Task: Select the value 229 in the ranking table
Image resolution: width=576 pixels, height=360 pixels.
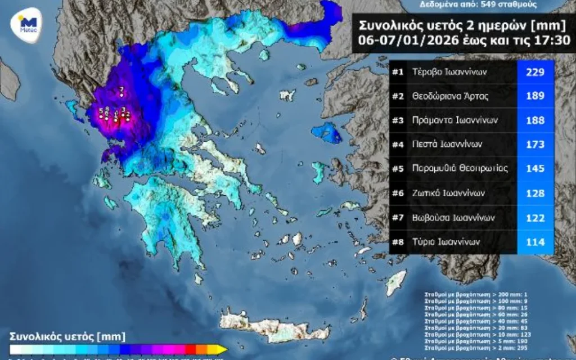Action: [x=535, y=72]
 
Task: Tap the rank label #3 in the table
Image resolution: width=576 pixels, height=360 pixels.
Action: [x=398, y=120]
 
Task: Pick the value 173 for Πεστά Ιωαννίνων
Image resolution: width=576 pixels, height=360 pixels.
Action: [x=535, y=145]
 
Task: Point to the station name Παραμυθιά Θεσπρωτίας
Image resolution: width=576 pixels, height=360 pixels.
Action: [x=460, y=169]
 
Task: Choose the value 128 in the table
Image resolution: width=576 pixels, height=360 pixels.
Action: [x=535, y=193]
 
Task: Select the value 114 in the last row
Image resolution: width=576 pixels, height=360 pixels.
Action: [x=535, y=242]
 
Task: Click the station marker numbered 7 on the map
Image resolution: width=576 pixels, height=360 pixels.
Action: [x=122, y=94]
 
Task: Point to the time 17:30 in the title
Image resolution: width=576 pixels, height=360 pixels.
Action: [x=550, y=40]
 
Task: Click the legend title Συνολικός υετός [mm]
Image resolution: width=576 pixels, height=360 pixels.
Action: [x=58, y=336]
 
